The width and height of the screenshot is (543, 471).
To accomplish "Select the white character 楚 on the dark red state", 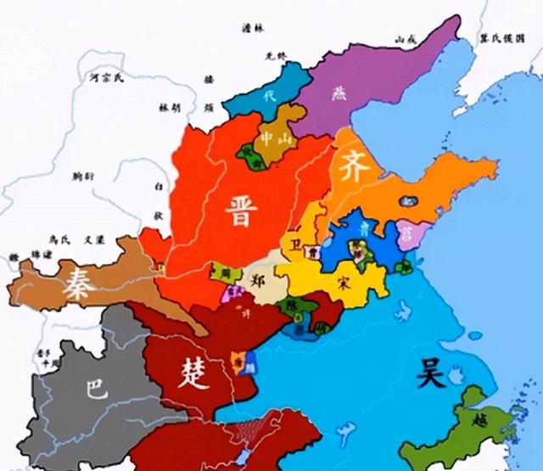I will (191, 372).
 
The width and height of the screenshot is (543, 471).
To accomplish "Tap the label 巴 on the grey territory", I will (96, 390).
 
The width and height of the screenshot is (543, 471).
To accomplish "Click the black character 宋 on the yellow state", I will (343, 279).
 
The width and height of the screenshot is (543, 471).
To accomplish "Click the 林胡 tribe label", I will (171, 108).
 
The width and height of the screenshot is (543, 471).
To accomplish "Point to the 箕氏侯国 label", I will (503, 38).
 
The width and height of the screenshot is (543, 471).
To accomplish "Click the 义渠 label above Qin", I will (92, 238).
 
